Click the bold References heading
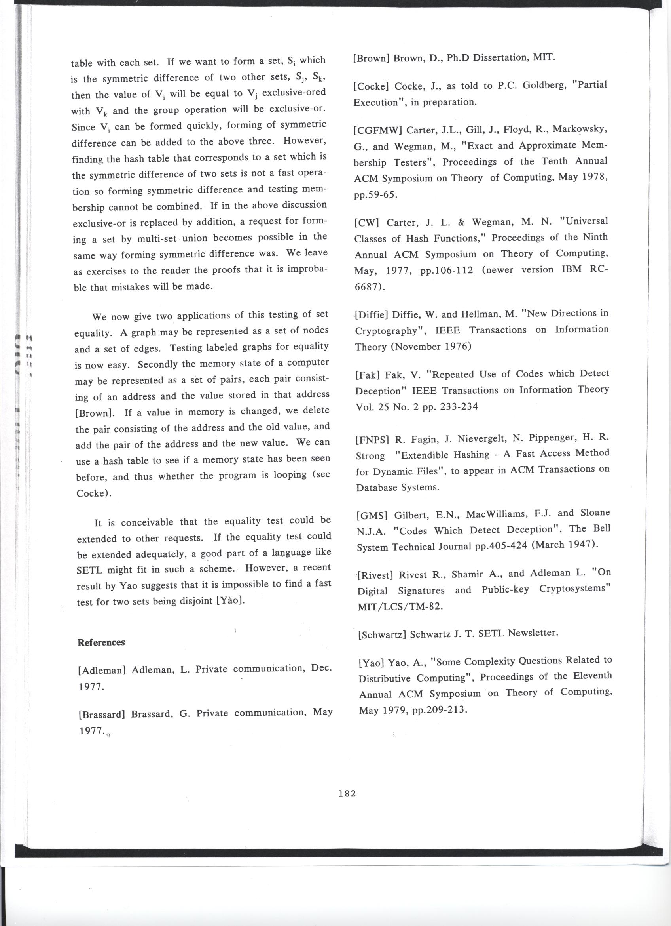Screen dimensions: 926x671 (x=101, y=642)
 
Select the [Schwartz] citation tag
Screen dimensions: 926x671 (x=382, y=634)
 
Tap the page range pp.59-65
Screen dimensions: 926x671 (x=375, y=195)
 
